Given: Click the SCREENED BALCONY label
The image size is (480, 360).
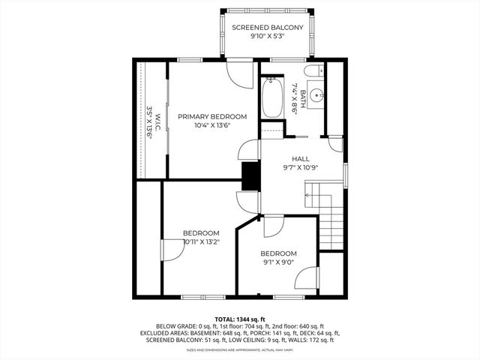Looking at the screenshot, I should (x=267, y=28).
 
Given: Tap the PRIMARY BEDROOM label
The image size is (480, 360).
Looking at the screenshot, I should (x=212, y=116).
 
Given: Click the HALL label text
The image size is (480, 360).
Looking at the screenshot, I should (x=301, y=159).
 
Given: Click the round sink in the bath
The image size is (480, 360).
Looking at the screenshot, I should (x=317, y=96).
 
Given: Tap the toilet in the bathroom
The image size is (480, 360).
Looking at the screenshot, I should (x=316, y=72).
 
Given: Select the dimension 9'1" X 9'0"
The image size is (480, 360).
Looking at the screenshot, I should (x=278, y=263).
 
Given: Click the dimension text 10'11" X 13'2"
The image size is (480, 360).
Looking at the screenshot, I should (x=201, y=241).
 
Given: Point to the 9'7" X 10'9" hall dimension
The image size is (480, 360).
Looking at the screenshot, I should (x=301, y=169).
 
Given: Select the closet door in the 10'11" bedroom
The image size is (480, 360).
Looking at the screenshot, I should (x=171, y=250).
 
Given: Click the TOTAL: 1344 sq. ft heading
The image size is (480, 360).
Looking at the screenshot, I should (x=240, y=319).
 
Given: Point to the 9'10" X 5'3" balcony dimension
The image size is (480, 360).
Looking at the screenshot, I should (x=267, y=37).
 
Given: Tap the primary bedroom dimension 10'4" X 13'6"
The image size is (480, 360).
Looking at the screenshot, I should (x=212, y=125).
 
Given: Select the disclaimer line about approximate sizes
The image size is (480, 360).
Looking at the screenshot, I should (x=240, y=349).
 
